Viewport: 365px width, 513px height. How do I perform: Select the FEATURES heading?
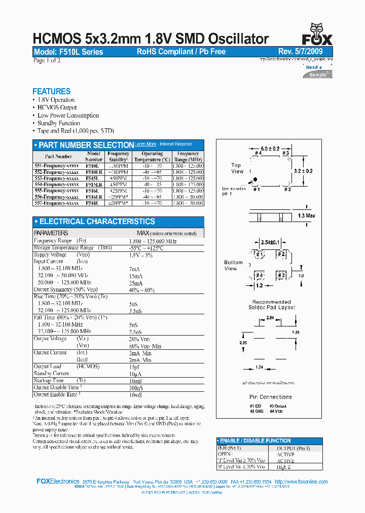(x=51, y=91)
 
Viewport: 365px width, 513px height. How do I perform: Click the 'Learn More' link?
(x=145, y=144)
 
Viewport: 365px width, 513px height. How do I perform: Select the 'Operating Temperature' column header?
(x=152, y=156)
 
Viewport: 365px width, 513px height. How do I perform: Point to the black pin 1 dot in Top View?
(x=255, y=179)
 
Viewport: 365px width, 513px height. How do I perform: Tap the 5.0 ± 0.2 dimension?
(x=270, y=149)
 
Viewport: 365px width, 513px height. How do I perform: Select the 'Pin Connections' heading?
(x=271, y=397)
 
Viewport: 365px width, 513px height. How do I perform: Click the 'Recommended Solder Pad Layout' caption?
(x=271, y=305)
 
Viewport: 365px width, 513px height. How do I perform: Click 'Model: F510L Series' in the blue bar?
(x=68, y=52)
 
